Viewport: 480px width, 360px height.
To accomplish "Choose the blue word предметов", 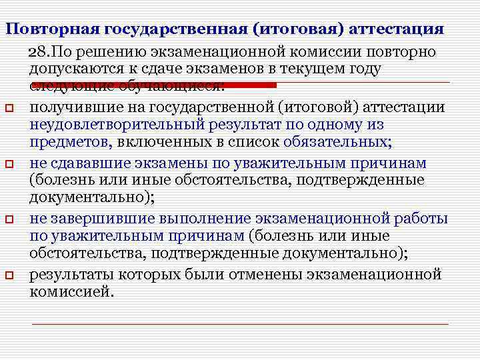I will (x=69, y=142).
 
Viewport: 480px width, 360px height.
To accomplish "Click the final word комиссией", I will (x=71, y=292).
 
